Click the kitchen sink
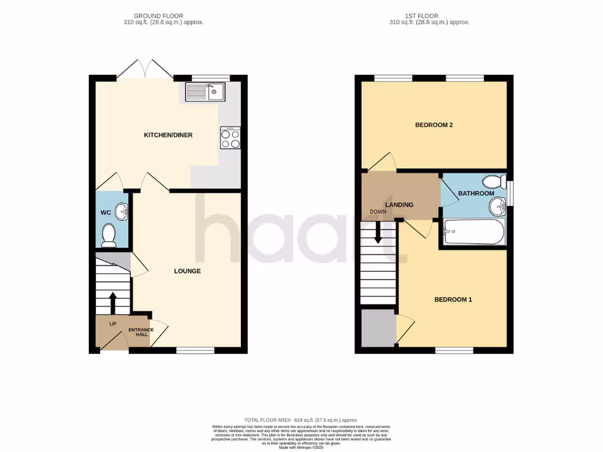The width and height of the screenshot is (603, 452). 204,91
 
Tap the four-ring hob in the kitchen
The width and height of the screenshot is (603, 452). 230,138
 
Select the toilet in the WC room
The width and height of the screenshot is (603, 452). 108,235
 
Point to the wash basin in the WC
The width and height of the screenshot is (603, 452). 121,210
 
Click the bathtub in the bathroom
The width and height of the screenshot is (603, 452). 473,232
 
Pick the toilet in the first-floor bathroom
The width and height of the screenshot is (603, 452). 493,181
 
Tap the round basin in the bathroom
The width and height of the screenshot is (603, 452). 497,206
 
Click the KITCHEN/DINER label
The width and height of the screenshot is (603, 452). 168,135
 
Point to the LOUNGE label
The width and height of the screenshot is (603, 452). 187,271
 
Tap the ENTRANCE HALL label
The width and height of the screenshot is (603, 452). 141,332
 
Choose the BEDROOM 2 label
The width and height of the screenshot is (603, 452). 433,125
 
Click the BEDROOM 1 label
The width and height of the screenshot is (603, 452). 453,300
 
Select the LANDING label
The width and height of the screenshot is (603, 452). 399,205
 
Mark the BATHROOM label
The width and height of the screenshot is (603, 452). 476,193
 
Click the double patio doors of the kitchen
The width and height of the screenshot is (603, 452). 145,69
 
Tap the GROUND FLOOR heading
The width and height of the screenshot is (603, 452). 158,16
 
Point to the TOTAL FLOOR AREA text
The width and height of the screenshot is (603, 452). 301,420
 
